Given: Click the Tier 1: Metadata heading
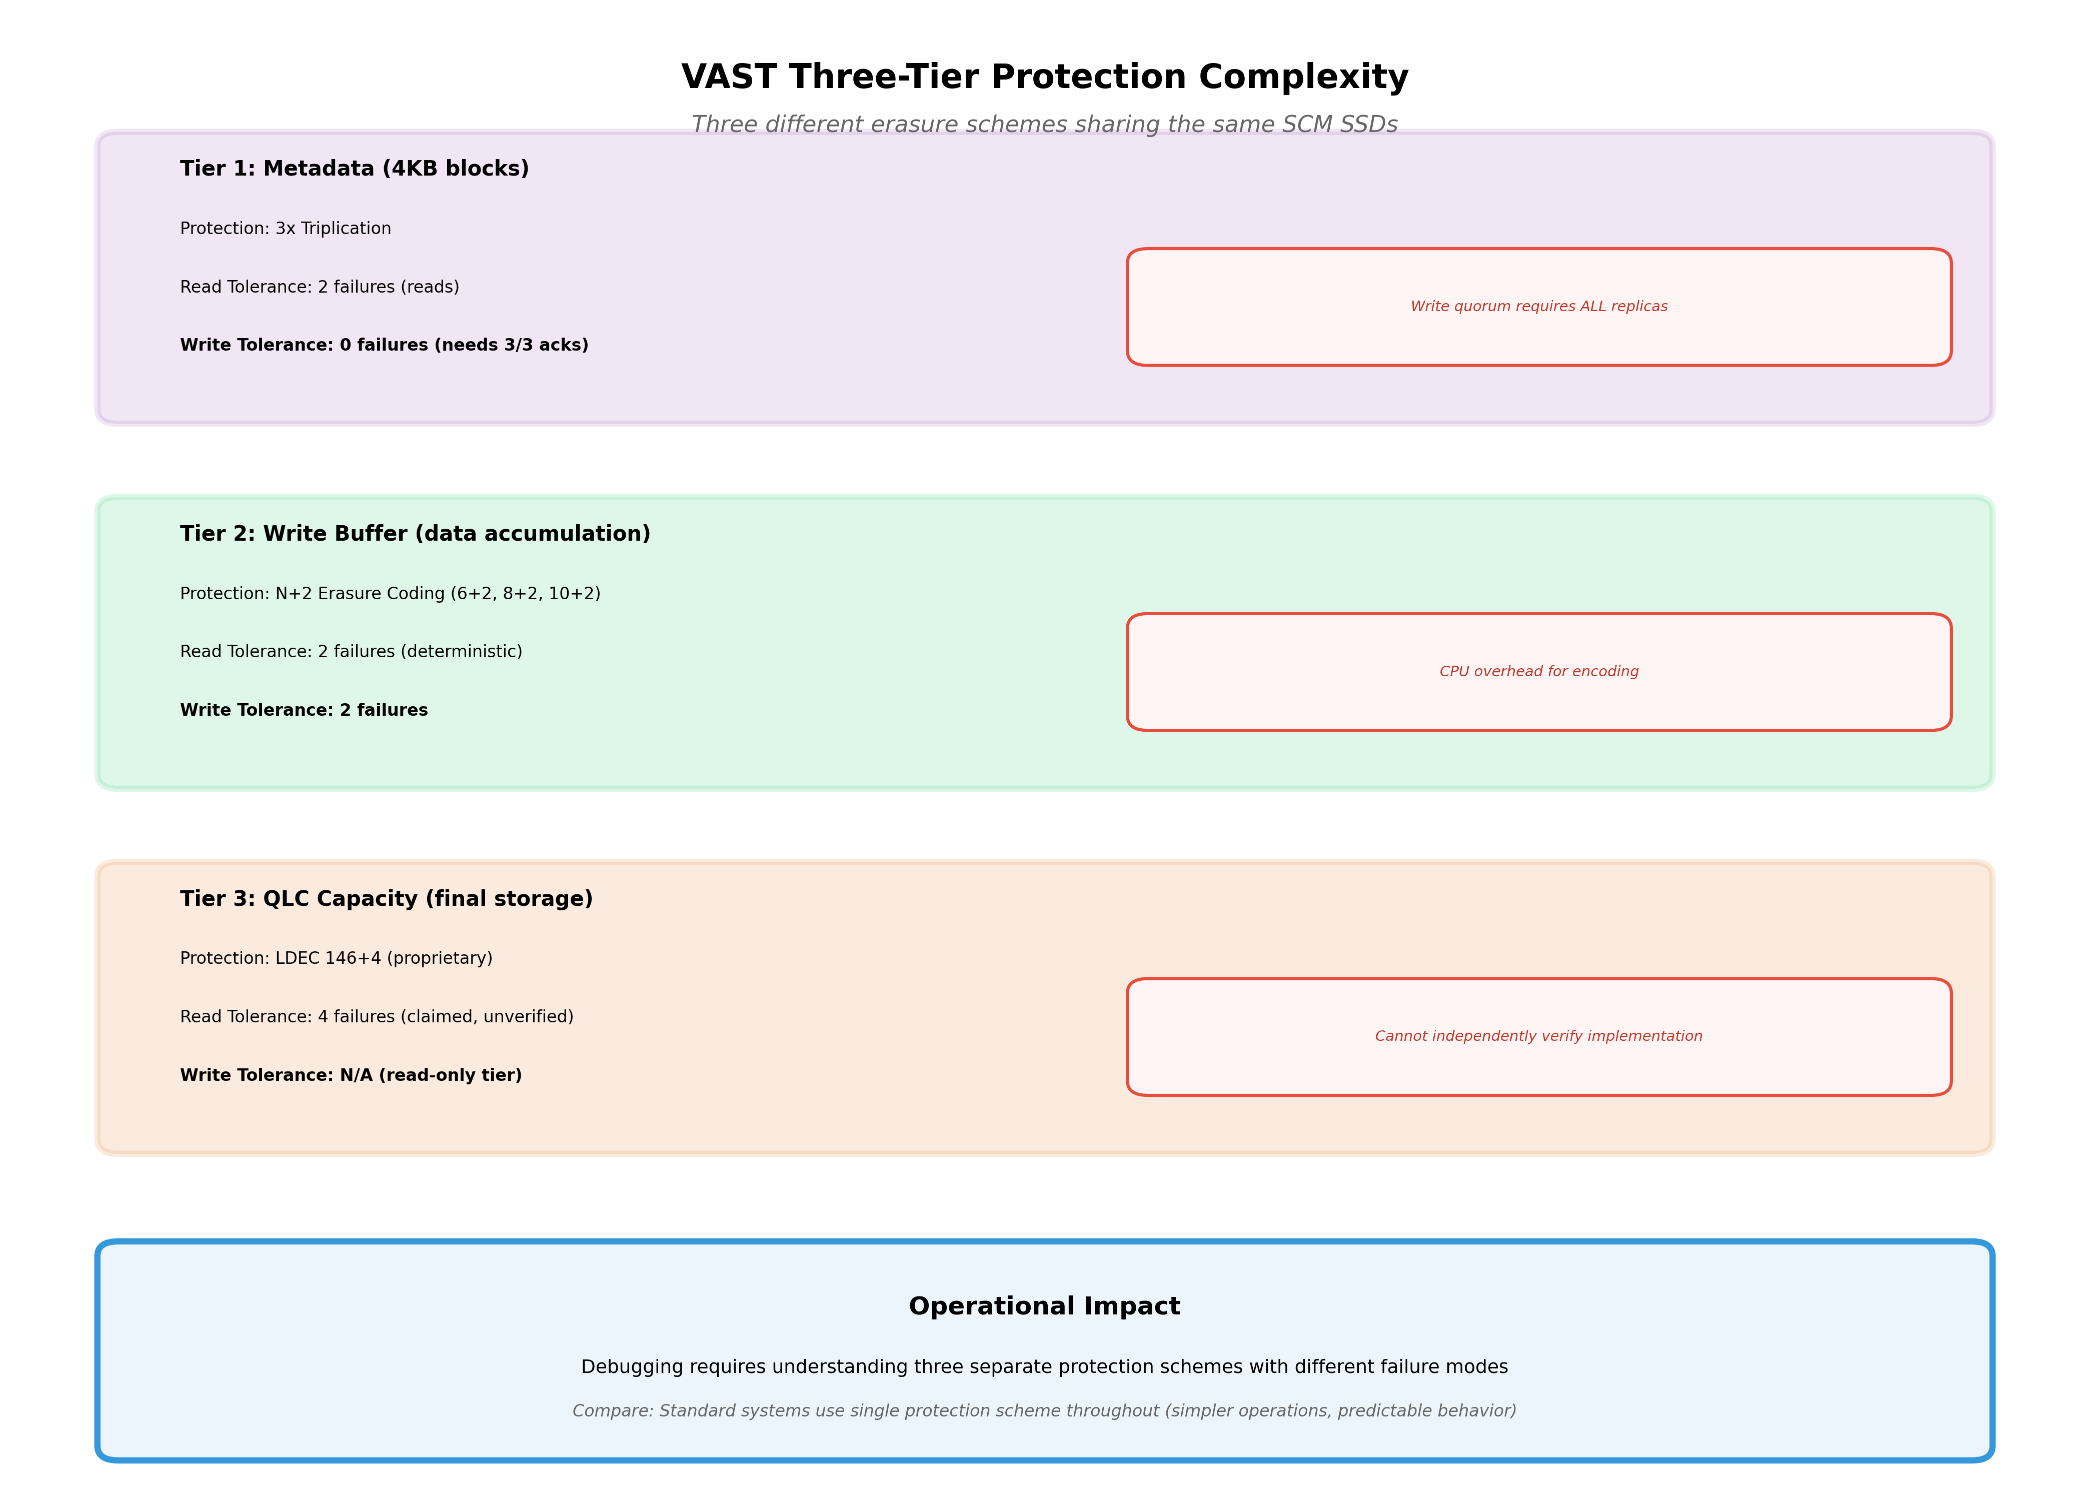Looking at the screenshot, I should [x=354, y=169].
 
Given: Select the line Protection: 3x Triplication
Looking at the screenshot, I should [x=286, y=229].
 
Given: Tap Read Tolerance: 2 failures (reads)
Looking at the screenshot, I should [x=319, y=287].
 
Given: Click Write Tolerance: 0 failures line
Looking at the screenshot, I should [x=384, y=345].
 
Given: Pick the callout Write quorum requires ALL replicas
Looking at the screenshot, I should [x=1538, y=307].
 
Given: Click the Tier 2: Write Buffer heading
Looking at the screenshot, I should [x=415, y=534].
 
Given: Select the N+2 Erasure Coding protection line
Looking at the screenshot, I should [x=390, y=594].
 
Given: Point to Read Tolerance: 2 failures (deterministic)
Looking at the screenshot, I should [x=351, y=651].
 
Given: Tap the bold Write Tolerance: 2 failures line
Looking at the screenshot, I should [x=304, y=710].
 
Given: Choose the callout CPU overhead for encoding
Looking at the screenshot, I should [x=1538, y=672].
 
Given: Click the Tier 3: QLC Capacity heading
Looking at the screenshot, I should [x=386, y=899].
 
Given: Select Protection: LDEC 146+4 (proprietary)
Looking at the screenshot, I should [x=336, y=958].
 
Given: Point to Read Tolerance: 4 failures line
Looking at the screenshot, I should [x=376, y=1016].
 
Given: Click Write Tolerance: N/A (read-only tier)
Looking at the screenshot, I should [x=351, y=1075].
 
